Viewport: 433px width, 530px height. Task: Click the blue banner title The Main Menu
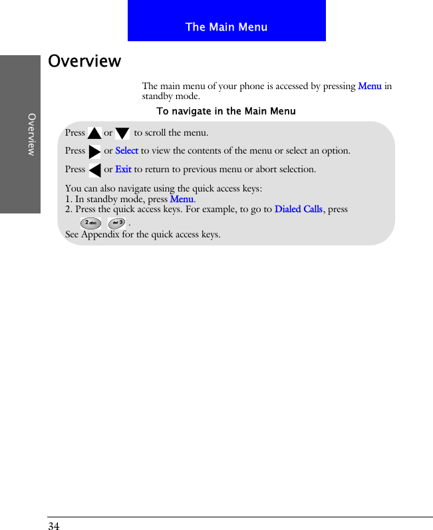pos(226,27)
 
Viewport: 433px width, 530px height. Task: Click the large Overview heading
pos(84,61)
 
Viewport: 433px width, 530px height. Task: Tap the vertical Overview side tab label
pos(31,134)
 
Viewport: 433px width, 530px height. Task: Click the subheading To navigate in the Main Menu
pos(225,111)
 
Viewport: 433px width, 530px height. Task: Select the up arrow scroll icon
pos(94,134)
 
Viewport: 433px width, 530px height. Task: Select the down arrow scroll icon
pos(122,134)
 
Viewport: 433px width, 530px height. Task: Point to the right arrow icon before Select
pos(94,152)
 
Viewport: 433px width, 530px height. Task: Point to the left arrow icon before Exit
pos(94,170)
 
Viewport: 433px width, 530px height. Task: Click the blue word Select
pos(126,151)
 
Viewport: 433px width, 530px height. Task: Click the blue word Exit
pos(123,170)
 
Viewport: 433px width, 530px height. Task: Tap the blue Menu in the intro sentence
pos(369,86)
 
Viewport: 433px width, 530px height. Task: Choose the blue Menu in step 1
pos(182,199)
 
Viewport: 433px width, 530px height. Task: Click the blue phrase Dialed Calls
pos(299,209)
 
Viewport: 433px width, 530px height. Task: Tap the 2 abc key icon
pos(90,222)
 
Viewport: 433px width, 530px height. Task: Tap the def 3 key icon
pos(116,222)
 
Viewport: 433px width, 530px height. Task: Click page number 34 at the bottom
pos(54,527)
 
